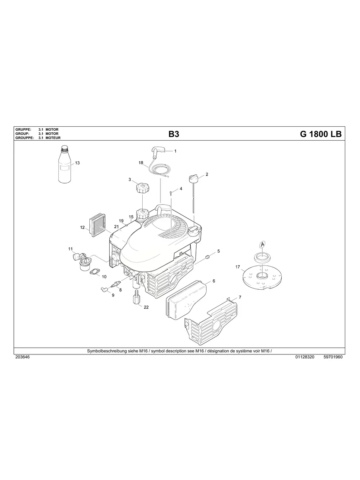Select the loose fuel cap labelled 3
[x=141, y=187]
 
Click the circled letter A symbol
[x=262, y=244]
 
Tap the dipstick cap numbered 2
[x=194, y=178]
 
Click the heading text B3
[x=174, y=134]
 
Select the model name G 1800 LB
[x=321, y=134]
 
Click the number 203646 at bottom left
[x=22, y=357]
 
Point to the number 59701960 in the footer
[x=333, y=357]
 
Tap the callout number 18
[x=141, y=163]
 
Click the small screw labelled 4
[x=170, y=193]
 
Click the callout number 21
[x=117, y=226]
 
